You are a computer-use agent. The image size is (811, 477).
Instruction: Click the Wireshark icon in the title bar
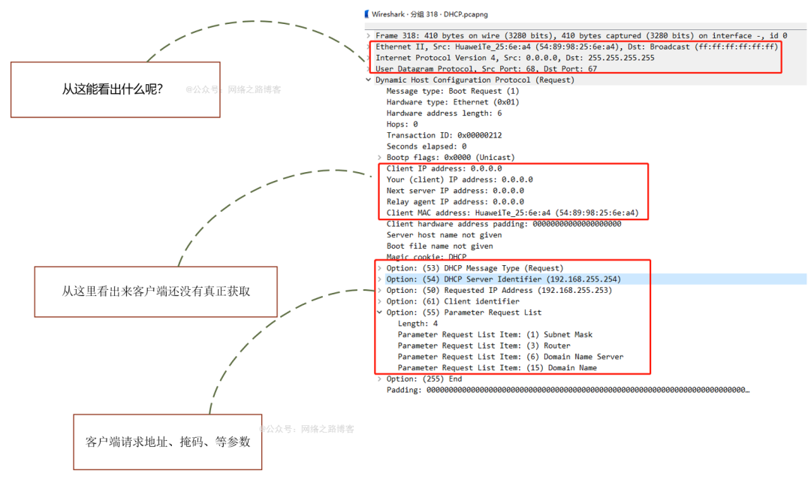pyautogui.click(x=366, y=14)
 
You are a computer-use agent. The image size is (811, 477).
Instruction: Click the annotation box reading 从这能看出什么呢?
pyautogui.click(x=115, y=89)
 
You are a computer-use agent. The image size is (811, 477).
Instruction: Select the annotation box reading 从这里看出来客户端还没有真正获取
pyautogui.click(x=155, y=291)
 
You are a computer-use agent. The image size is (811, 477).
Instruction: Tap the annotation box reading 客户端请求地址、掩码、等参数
pyautogui.click(x=167, y=442)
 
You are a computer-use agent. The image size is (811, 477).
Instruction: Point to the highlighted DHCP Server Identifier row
pyautogui.click(x=503, y=279)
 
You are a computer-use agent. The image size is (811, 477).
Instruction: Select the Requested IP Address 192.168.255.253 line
pyautogui.click(x=499, y=290)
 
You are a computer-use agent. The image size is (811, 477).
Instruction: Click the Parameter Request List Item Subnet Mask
pyautogui.click(x=495, y=334)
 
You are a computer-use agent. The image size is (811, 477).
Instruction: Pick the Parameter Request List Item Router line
pyautogui.click(x=484, y=346)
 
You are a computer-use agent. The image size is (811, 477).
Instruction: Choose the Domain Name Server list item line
pyautogui.click(x=510, y=357)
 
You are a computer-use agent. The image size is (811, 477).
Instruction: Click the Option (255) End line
pyautogui.click(x=424, y=379)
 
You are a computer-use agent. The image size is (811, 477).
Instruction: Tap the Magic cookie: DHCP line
pyautogui.click(x=426, y=257)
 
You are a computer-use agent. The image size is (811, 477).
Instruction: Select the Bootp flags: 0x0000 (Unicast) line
pyautogui.click(x=451, y=157)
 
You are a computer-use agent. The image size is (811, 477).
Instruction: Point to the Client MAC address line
pyautogui.click(x=512, y=213)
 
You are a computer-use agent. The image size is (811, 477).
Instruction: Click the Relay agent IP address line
pyautogui.click(x=455, y=201)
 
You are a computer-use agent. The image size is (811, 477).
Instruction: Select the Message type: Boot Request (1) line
pyautogui.click(x=452, y=91)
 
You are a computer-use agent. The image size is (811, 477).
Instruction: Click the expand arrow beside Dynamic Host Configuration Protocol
pyautogui.click(x=368, y=80)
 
